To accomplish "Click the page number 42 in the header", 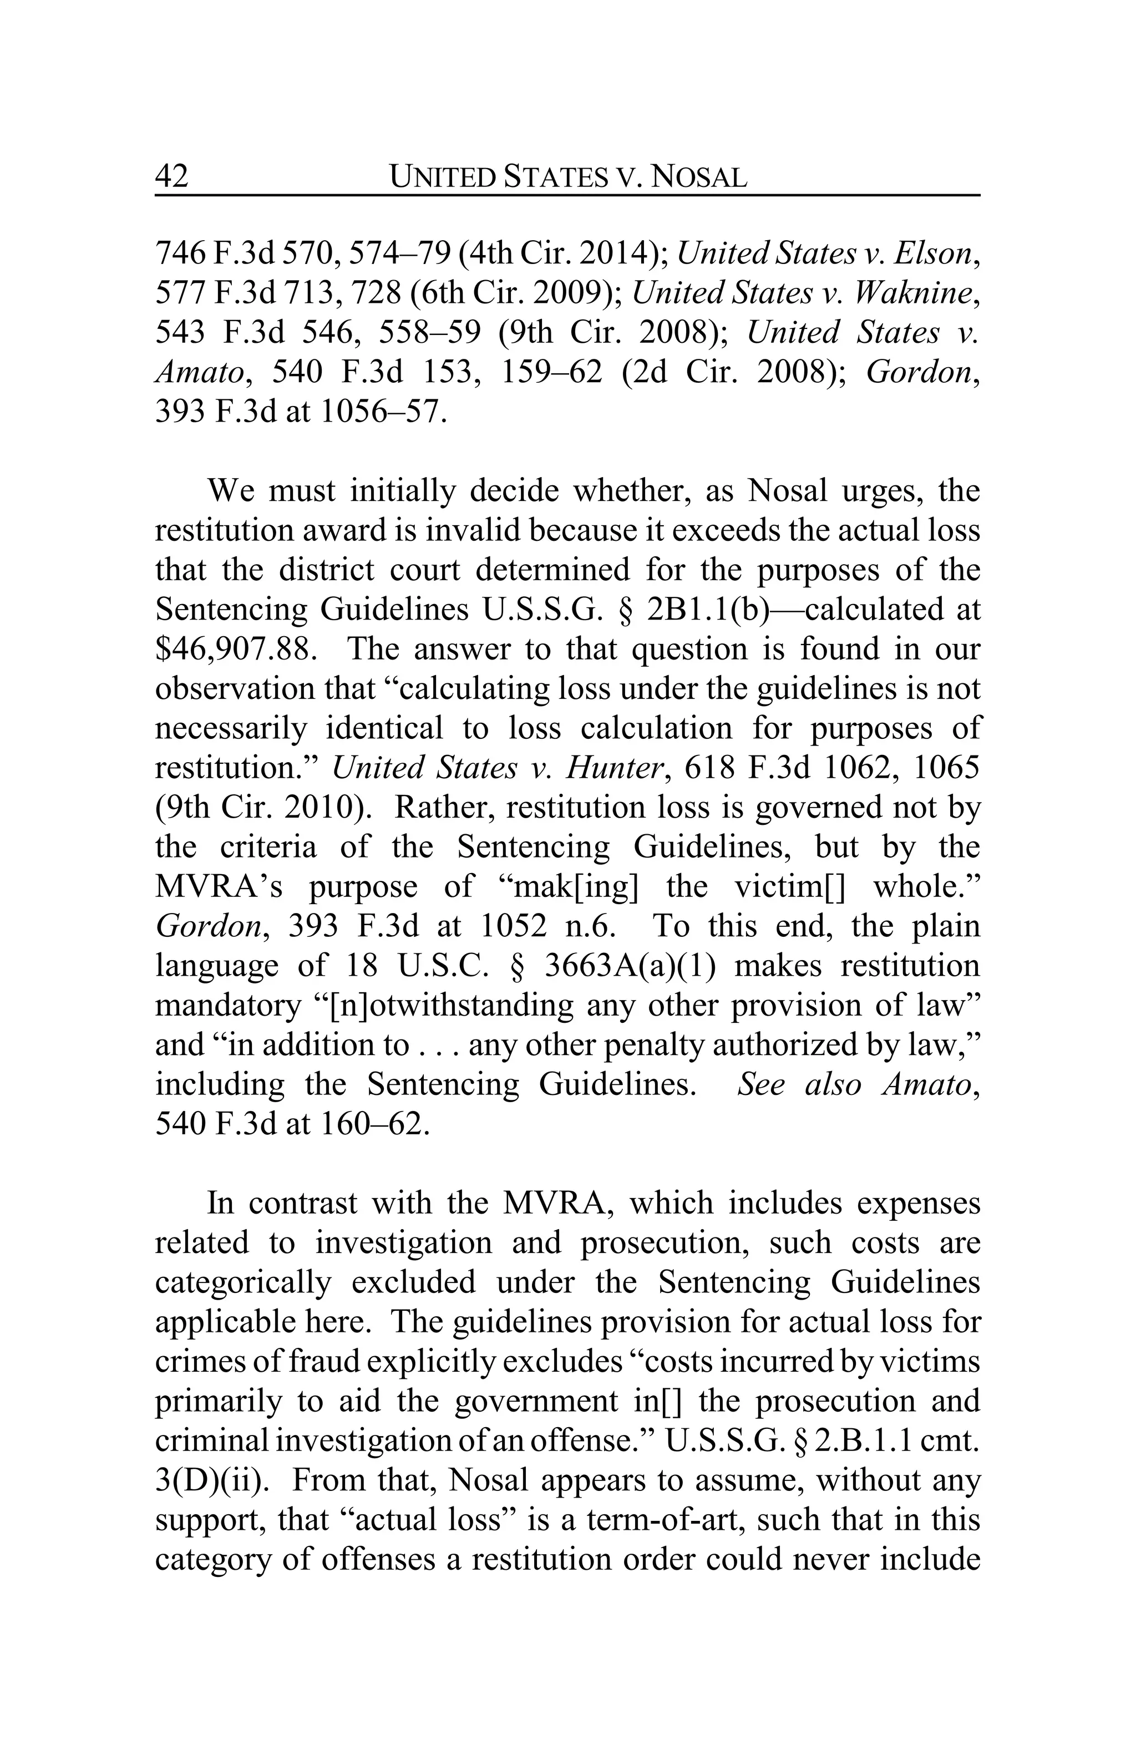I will tap(172, 177).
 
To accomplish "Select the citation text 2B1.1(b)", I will tap(708, 609).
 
